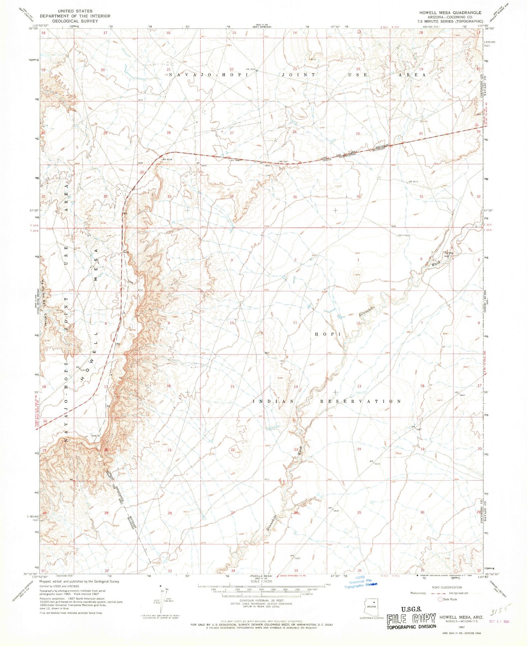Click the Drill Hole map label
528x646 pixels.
point(404,235)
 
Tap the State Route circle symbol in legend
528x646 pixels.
point(441,599)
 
